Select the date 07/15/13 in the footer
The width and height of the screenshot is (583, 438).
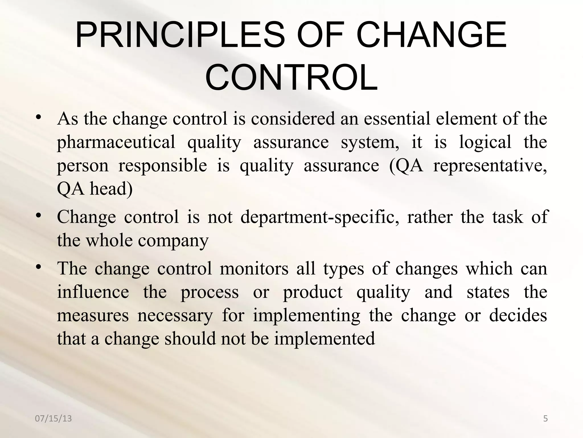(x=53, y=419)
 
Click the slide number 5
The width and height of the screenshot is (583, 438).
(x=545, y=419)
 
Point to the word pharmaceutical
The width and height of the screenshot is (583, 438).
(x=116, y=142)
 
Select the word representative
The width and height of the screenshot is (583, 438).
(x=490, y=166)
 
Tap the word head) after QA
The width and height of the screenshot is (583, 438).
(x=111, y=189)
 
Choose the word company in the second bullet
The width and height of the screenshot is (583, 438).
(x=173, y=240)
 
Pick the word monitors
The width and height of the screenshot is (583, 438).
(x=254, y=269)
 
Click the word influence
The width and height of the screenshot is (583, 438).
(x=93, y=292)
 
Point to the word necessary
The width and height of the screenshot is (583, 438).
(x=175, y=316)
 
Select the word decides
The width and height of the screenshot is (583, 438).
(x=518, y=316)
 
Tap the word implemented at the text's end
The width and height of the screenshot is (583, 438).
(x=325, y=339)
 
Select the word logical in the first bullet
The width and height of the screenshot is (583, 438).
(x=485, y=142)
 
